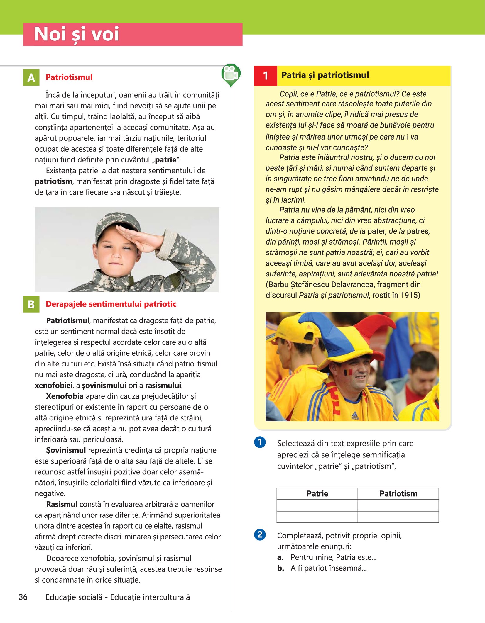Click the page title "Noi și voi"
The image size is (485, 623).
click(x=77, y=34)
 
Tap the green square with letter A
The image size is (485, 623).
click(x=31, y=77)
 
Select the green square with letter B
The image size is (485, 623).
click(x=31, y=304)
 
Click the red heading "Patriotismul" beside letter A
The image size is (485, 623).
click(x=69, y=77)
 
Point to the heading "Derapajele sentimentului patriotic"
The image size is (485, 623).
click(x=111, y=304)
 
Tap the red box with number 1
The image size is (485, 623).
click(x=266, y=76)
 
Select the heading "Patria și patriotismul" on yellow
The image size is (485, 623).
click(x=325, y=75)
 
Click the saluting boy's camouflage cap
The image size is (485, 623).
click(x=117, y=223)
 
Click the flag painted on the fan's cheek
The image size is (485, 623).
click(x=348, y=373)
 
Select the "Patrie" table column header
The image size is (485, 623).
click(x=317, y=494)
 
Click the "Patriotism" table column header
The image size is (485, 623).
click(x=398, y=494)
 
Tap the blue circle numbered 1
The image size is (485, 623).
click(x=260, y=442)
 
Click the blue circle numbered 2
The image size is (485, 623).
click(x=260, y=534)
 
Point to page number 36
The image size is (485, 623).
click(x=23, y=597)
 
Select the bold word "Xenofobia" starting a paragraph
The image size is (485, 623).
click(x=65, y=396)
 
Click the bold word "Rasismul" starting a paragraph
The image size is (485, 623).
click(x=62, y=504)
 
